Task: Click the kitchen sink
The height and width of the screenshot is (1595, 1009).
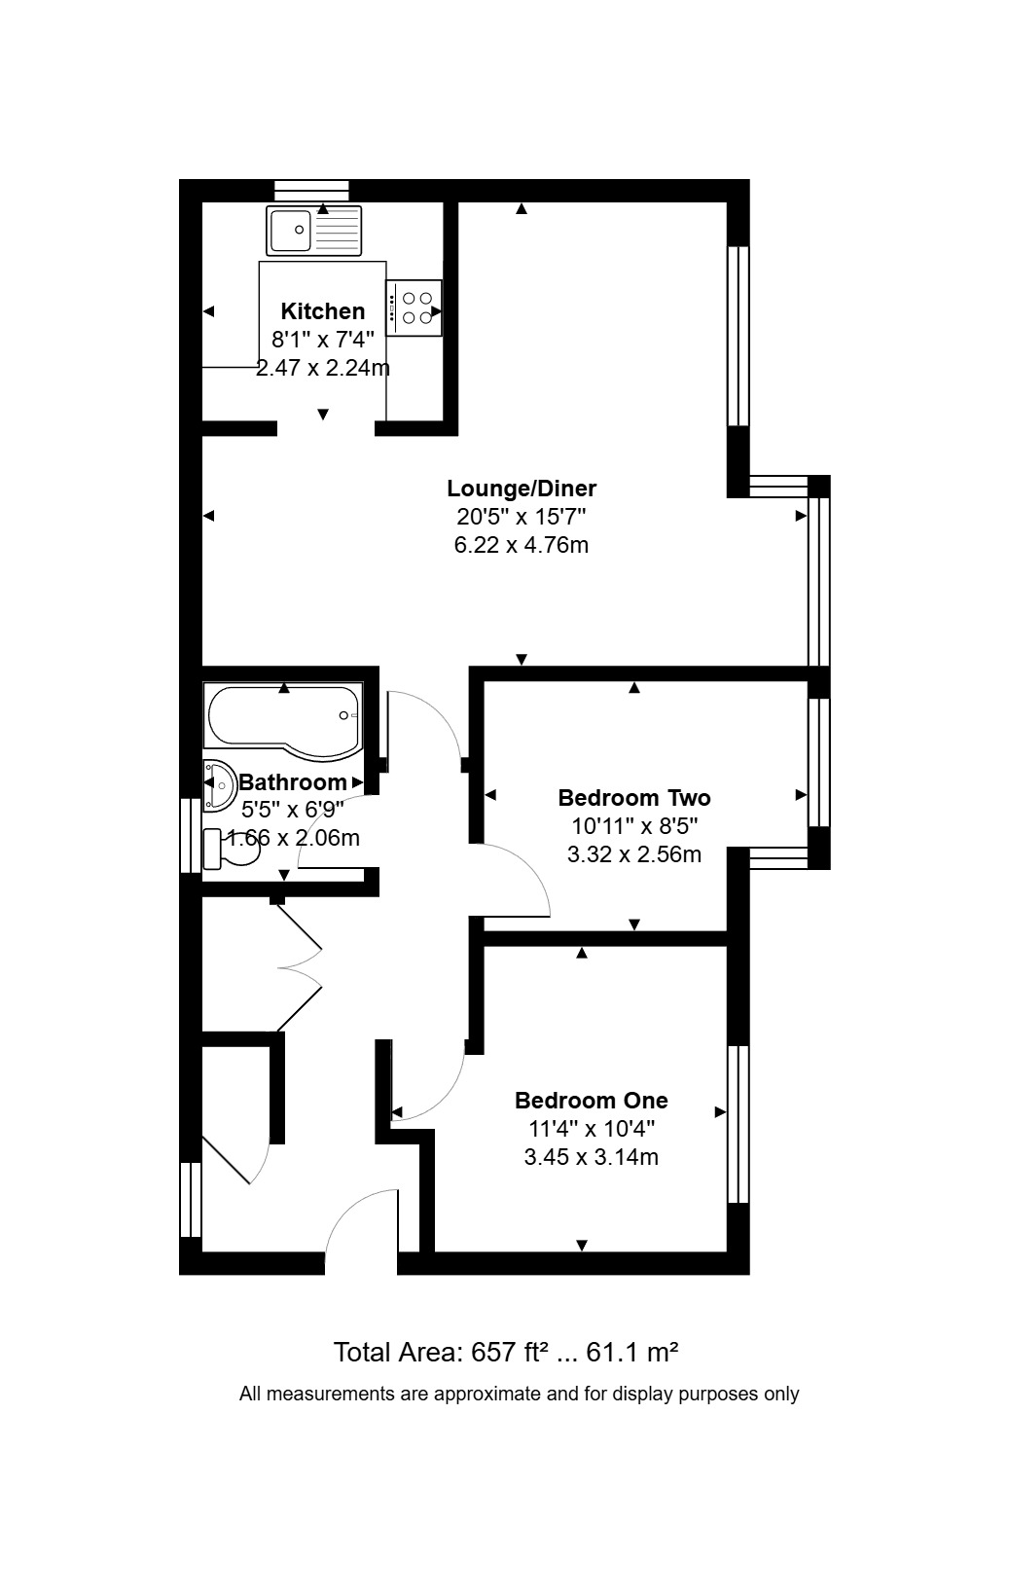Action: pyautogui.click(x=314, y=231)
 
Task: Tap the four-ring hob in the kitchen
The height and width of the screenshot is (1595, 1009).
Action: pyautogui.click(x=414, y=308)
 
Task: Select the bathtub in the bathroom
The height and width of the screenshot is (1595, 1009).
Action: pyautogui.click(x=283, y=714)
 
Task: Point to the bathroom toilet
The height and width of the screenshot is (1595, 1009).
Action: pyautogui.click(x=231, y=849)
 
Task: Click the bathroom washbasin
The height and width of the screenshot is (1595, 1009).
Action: pyautogui.click(x=219, y=786)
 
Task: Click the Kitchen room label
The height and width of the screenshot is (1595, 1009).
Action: pyautogui.click(x=323, y=311)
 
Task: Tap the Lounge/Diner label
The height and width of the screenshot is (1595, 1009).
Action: pyautogui.click(x=522, y=489)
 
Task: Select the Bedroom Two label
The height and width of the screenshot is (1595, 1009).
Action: pyautogui.click(x=634, y=798)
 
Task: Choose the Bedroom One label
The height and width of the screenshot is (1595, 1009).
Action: pyautogui.click(x=592, y=1100)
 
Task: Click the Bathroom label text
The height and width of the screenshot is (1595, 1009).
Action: pyautogui.click(x=293, y=781)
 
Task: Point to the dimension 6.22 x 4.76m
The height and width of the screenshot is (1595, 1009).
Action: pyautogui.click(x=522, y=545)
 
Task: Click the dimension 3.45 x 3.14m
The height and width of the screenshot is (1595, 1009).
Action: pyautogui.click(x=592, y=1157)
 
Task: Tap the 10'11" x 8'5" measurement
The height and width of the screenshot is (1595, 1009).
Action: pyautogui.click(x=634, y=826)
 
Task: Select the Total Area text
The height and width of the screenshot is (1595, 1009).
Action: pyautogui.click(x=506, y=1352)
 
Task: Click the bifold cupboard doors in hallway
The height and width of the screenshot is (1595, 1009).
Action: pyautogui.click(x=299, y=967)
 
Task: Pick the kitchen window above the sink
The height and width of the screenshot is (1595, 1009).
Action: pyautogui.click(x=312, y=191)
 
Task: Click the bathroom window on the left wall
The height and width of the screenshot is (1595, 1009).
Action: pyautogui.click(x=191, y=836)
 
